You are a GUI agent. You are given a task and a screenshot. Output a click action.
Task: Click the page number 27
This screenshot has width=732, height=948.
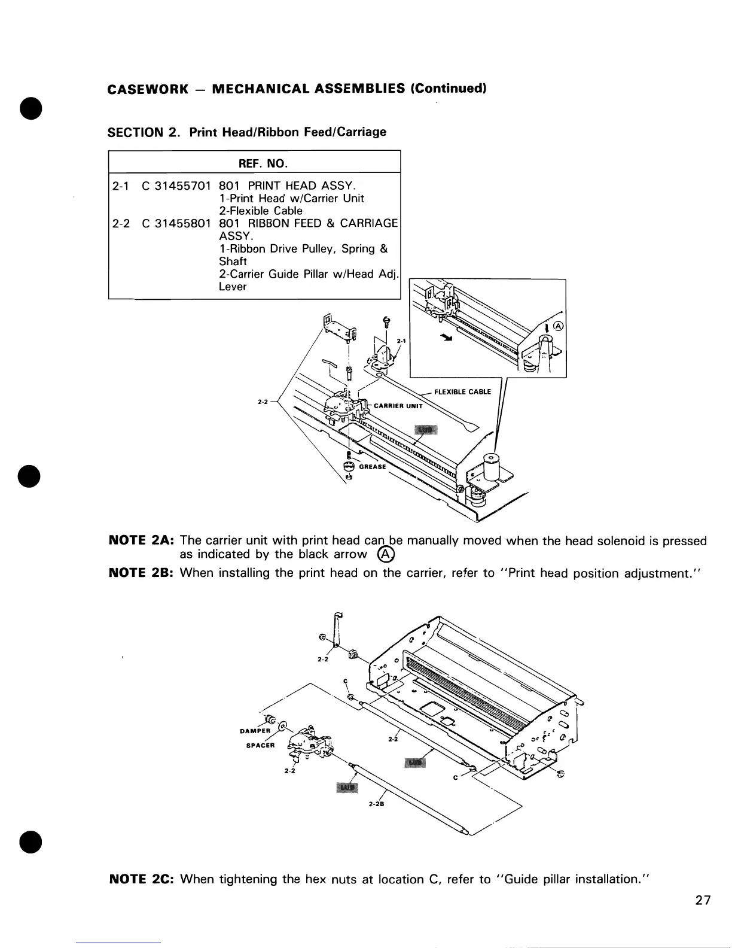703,900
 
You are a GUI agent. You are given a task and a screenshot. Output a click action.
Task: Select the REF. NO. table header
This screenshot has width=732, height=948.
254,163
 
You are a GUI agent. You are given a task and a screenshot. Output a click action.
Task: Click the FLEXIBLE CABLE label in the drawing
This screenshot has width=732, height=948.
462,392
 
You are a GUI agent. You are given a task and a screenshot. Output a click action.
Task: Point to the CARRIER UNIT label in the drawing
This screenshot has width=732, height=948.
398,406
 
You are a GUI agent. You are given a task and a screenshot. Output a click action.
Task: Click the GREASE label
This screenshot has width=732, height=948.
373,467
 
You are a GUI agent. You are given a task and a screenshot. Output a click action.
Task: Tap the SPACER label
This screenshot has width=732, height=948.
261,746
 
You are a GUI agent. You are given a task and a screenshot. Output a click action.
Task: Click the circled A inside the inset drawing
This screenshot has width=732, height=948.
559,326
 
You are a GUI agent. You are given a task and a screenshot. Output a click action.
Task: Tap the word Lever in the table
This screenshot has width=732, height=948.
233,287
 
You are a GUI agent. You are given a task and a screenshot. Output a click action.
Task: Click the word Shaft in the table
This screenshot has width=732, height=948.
233,262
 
